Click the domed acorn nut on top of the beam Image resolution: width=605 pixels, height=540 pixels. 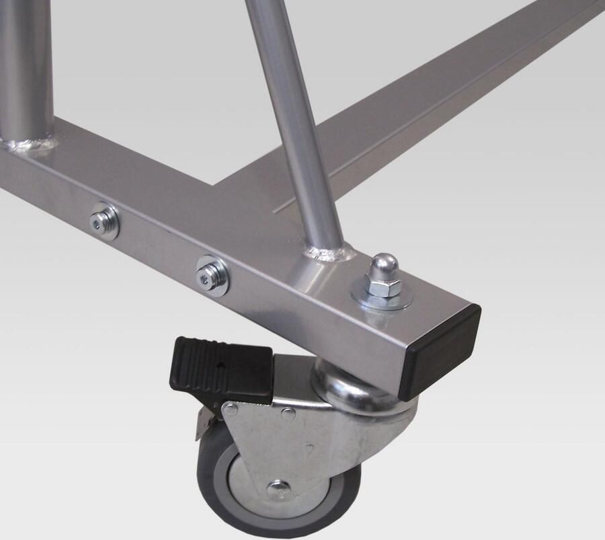pyautogui.click(x=381, y=267)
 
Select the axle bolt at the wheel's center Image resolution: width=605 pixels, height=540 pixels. pyautogui.click(x=278, y=490)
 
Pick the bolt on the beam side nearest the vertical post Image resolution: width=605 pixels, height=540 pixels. pyautogui.click(x=106, y=221)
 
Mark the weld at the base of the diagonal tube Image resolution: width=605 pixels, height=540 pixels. pyautogui.click(x=329, y=254)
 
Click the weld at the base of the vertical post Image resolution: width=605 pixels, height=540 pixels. pyautogui.click(x=30, y=144)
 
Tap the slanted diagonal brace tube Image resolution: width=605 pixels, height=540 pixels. pyautogui.click(x=289, y=121)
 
